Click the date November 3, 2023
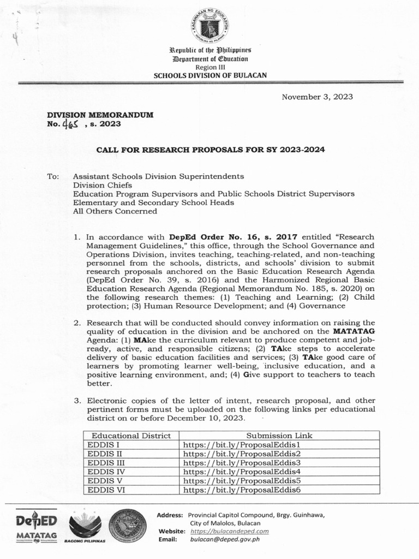point(317,97)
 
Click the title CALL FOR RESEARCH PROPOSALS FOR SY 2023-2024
point(210,149)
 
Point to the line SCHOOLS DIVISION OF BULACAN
point(210,75)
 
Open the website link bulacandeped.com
point(230,531)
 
